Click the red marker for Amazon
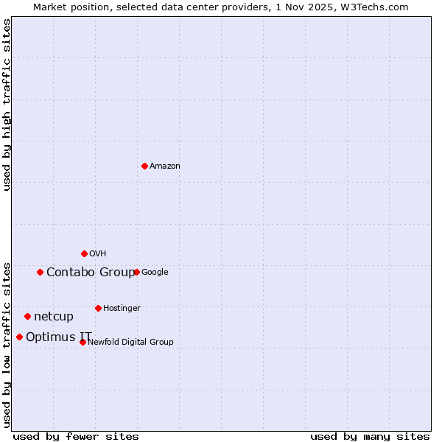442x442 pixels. click(x=144, y=166)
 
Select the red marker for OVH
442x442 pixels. click(x=84, y=253)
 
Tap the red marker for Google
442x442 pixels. click(x=136, y=272)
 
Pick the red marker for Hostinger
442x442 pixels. click(x=98, y=308)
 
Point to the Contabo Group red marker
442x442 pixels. click(x=40, y=272)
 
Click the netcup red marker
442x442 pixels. click(x=27, y=316)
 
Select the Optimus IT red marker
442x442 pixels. click(x=19, y=337)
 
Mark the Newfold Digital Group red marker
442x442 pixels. click(x=83, y=342)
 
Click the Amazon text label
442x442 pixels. click(x=165, y=166)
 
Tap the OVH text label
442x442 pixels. click(x=98, y=254)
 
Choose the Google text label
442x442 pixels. click(x=155, y=273)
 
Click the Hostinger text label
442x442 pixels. click(x=122, y=309)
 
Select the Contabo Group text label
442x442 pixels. click(x=90, y=273)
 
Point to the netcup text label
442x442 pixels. click(x=54, y=317)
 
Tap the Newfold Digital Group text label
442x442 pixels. click(x=130, y=343)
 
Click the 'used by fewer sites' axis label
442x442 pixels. click(x=76, y=436)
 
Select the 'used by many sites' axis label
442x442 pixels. click(x=370, y=436)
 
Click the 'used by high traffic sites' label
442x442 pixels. click(x=7, y=105)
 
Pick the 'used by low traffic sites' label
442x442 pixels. click(x=7, y=344)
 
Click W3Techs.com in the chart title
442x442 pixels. click(x=378, y=7)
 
